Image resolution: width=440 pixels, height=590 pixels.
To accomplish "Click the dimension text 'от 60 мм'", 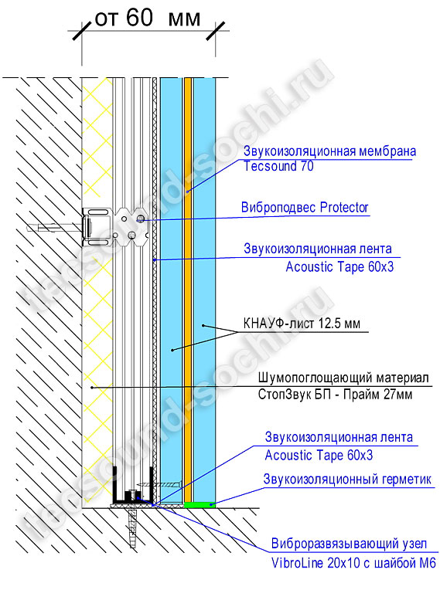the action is (x=147, y=18).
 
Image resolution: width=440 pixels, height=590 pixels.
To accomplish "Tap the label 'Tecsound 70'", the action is (x=278, y=166).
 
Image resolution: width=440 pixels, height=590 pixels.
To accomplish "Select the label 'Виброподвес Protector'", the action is (x=305, y=207).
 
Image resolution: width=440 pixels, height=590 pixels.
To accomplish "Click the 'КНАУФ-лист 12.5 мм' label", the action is (x=302, y=324).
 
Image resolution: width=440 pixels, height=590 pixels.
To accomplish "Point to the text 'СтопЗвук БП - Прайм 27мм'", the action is (x=335, y=395).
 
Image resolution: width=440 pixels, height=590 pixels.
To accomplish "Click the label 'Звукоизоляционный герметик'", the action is (x=347, y=480).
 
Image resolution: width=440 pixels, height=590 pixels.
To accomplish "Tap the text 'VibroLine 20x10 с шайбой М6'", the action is (x=353, y=563).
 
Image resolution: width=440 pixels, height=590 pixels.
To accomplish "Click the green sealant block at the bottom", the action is (x=200, y=504).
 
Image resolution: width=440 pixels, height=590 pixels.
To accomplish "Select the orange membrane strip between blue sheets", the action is (x=188, y=290).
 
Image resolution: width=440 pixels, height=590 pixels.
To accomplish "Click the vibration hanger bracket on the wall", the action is (x=115, y=226).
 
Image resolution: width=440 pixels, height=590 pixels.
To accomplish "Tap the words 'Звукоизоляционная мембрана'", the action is (x=329, y=151).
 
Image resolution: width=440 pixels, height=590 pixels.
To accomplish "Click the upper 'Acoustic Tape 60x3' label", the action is (x=339, y=266).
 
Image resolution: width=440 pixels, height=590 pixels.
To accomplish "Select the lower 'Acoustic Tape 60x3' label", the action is (x=319, y=456).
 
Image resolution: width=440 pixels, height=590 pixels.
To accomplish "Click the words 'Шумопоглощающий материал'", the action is (x=343, y=378).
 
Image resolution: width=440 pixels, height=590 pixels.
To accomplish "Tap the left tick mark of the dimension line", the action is (x=82, y=30).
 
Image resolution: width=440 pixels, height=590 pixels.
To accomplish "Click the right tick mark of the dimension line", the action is (x=216, y=30).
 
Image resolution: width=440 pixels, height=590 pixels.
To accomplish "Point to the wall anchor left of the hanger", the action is (x=55, y=228).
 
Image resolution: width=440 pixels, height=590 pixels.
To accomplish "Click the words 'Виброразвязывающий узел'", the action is (x=349, y=544).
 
